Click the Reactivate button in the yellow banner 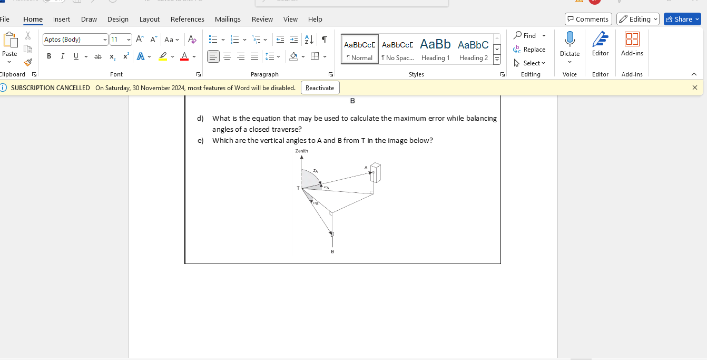320,87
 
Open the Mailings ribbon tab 228,19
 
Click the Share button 682,19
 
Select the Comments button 588,19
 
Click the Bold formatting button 49,56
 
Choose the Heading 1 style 435,49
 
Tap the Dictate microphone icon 569,40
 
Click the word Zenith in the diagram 301,151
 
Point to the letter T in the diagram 298,188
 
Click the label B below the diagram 332,252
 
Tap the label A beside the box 366,168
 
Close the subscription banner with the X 694,87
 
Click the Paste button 9,44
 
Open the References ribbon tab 187,19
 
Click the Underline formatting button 76,56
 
